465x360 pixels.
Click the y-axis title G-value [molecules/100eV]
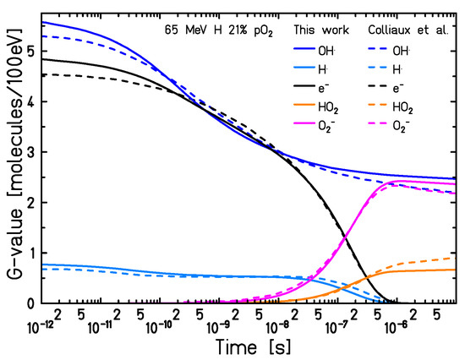click(11, 160)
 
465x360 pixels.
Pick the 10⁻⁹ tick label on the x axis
click(220, 324)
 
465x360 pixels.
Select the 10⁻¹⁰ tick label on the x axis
click(159, 324)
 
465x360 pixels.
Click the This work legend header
click(317, 30)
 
